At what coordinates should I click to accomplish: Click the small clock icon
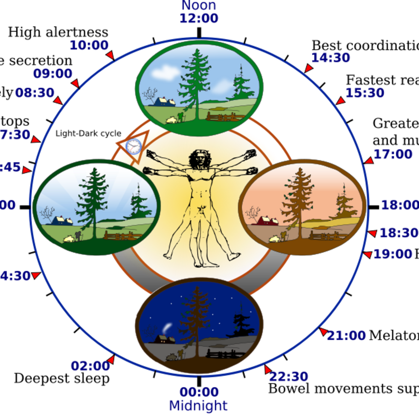pos(133,147)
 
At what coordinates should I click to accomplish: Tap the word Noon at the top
pos(199,5)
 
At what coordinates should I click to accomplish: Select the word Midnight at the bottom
pos(198,406)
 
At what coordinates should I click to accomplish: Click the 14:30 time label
pos(331,57)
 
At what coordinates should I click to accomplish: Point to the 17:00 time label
pos(393,154)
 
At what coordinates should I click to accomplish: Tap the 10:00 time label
pos(89,45)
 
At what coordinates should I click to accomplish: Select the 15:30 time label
pos(365,93)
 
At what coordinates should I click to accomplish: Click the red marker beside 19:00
pos(368,254)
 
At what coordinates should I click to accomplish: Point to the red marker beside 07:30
pos(36,140)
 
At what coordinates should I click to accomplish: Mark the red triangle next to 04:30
pos(36,275)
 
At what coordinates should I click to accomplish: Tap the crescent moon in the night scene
pos(168,326)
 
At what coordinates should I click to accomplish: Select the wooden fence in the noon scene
pos(225,116)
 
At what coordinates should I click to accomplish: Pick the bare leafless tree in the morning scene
pos(47,213)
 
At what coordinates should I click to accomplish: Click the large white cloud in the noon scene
pos(165,72)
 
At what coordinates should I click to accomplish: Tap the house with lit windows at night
pos(165,339)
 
